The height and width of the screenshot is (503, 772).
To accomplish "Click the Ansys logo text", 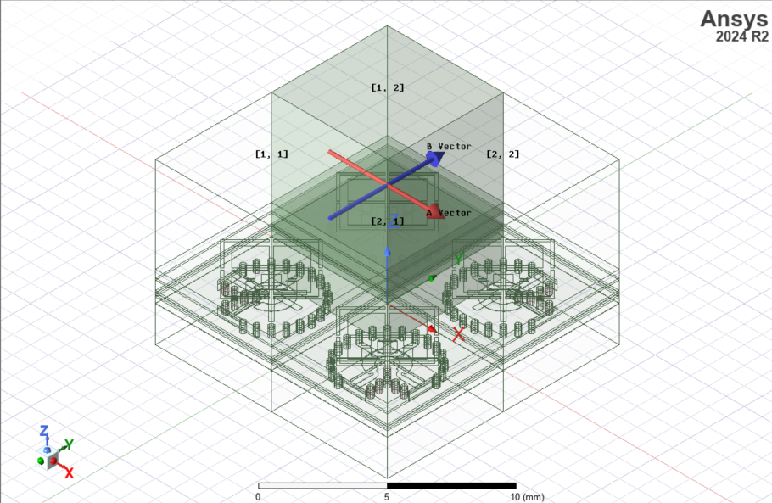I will pyautogui.click(x=734, y=19).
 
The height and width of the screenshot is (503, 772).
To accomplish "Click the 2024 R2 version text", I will pyautogui.click(x=741, y=36).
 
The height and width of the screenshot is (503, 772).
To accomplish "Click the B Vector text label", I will pyautogui.click(x=449, y=147).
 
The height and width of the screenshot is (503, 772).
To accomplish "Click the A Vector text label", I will pyautogui.click(x=449, y=213).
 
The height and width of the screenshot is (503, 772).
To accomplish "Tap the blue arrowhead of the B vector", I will pyautogui.click(x=435, y=159).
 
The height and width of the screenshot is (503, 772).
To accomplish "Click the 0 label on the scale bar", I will pyautogui.click(x=258, y=496).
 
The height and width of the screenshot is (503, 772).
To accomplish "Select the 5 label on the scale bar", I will pyautogui.click(x=388, y=496).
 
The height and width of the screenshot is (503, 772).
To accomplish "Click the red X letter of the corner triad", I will pyautogui.click(x=69, y=472).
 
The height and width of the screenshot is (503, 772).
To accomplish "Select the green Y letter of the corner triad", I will pyautogui.click(x=70, y=444).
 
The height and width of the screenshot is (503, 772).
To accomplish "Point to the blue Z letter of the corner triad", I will pyautogui.click(x=45, y=432).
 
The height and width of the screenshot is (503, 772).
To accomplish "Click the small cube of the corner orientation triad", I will pyautogui.click(x=53, y=460).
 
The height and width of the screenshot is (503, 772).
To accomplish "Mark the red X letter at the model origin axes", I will pyautogui.click(x=459, y=333).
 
